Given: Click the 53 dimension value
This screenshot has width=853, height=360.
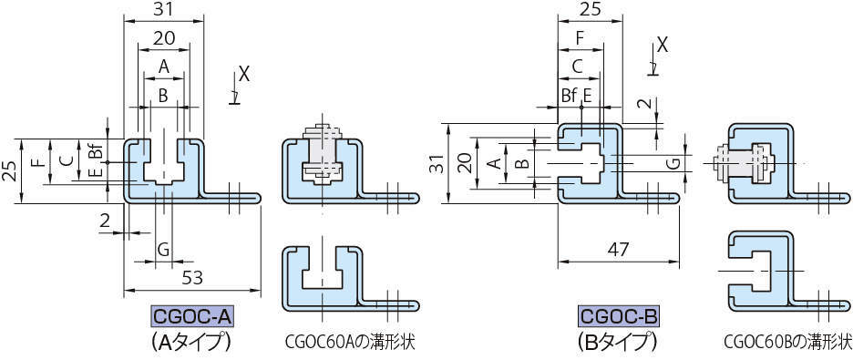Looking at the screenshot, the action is tap(192, 278).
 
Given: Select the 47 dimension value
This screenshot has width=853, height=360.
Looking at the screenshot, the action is tap(618, 250).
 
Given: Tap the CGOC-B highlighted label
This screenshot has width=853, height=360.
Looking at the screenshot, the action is tap(619, 317).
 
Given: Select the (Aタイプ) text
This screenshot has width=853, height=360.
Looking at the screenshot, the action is tap(191, 342).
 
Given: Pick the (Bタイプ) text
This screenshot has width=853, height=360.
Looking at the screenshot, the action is tap(618, 342).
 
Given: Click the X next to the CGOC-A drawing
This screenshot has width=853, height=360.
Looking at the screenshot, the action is tap(244, 75).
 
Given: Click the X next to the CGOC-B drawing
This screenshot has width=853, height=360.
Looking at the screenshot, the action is tap(663, 45).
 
